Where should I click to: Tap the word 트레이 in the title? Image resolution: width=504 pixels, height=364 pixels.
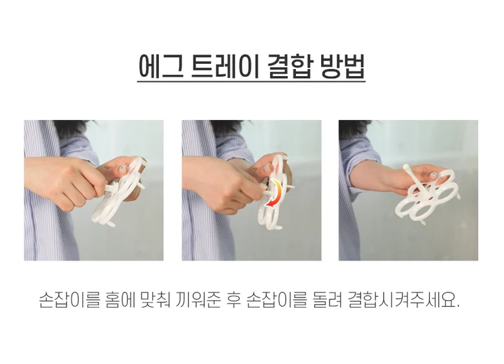(225, 66)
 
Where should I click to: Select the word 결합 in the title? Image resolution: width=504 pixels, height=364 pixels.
(289, 66)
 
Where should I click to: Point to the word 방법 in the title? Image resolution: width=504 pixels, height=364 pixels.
(342, 66)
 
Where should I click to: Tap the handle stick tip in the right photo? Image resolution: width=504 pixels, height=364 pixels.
(406, 167)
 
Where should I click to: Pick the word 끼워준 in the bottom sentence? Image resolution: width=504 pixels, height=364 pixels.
(198, 300)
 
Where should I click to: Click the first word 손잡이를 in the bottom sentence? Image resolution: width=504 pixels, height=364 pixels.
(69, 300)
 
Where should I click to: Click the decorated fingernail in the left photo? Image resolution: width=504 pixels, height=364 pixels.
(123, 170)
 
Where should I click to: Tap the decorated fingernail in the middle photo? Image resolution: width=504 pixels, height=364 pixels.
(268, 168)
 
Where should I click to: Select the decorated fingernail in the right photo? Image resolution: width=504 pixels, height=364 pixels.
(434, 174)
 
